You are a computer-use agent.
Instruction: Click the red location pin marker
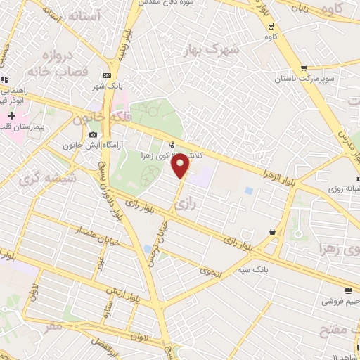181,165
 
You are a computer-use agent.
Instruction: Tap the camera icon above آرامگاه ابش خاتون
94,134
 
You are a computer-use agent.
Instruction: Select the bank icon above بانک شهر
107,75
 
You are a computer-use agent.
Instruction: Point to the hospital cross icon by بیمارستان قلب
11,115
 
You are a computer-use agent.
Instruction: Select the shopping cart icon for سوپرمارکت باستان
303,68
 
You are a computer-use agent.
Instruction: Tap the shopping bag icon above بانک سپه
272,231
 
